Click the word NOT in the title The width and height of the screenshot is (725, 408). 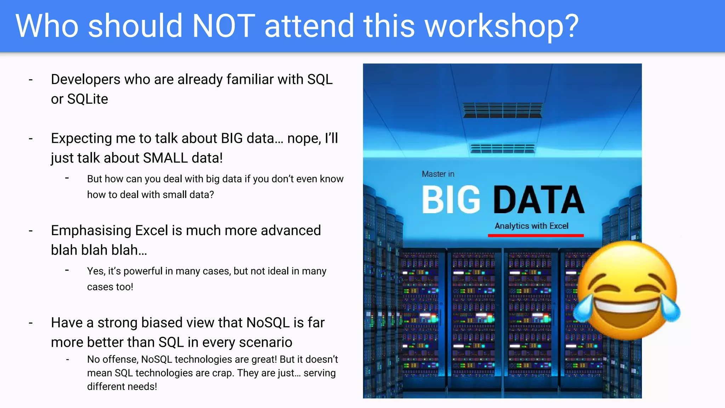[x=223, y=26]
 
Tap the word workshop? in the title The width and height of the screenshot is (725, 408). [x=502, y=27]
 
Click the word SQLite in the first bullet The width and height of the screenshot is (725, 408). [x=87, y=99]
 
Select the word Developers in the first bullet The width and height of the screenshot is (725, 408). [x=86, y=80]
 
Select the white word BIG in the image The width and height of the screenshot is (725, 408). [x=451, y=200]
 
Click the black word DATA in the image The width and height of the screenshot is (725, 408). [x=538, y=200]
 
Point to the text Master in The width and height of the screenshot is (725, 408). [x=438, y=174]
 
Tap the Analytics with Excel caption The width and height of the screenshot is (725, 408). [x=531, y=226]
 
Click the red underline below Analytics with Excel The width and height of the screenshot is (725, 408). [x=536, y=236]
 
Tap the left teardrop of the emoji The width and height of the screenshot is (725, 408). [x=583, y=308]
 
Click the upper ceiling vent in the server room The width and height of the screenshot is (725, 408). [x=502, y=110]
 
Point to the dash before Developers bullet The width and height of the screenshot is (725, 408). [x=31, y=80]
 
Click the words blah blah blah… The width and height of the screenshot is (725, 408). [x=99, y=250]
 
